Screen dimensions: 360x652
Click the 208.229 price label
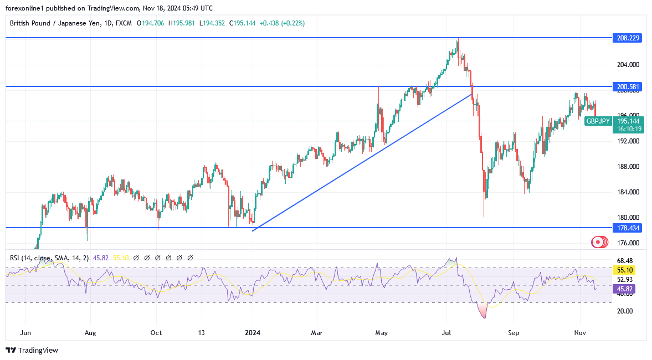click(x=627, y=38)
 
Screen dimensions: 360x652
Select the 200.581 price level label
click(x=627, y=87)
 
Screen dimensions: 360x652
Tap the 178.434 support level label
click(x=627, y=228)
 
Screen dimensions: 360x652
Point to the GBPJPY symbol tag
click(x=598, y=121)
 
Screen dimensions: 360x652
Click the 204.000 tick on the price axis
click(x=627, y=65)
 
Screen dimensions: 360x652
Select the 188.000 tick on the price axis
click(x=627, y=167)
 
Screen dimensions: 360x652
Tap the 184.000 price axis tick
click(x=627, y=192)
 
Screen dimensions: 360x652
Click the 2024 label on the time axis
click(x=252, y=333)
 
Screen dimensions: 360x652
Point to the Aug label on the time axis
click(x=90, y=333)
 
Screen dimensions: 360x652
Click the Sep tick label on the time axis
click(x=513, y=333)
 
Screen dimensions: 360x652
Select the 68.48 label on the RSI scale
click(x=624, y=261)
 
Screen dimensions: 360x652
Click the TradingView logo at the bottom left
click(x=32, y=350)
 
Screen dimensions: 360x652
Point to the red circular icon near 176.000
click(x=598, y=242)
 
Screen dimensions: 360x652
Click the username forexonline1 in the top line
click(x=27, y=8)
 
